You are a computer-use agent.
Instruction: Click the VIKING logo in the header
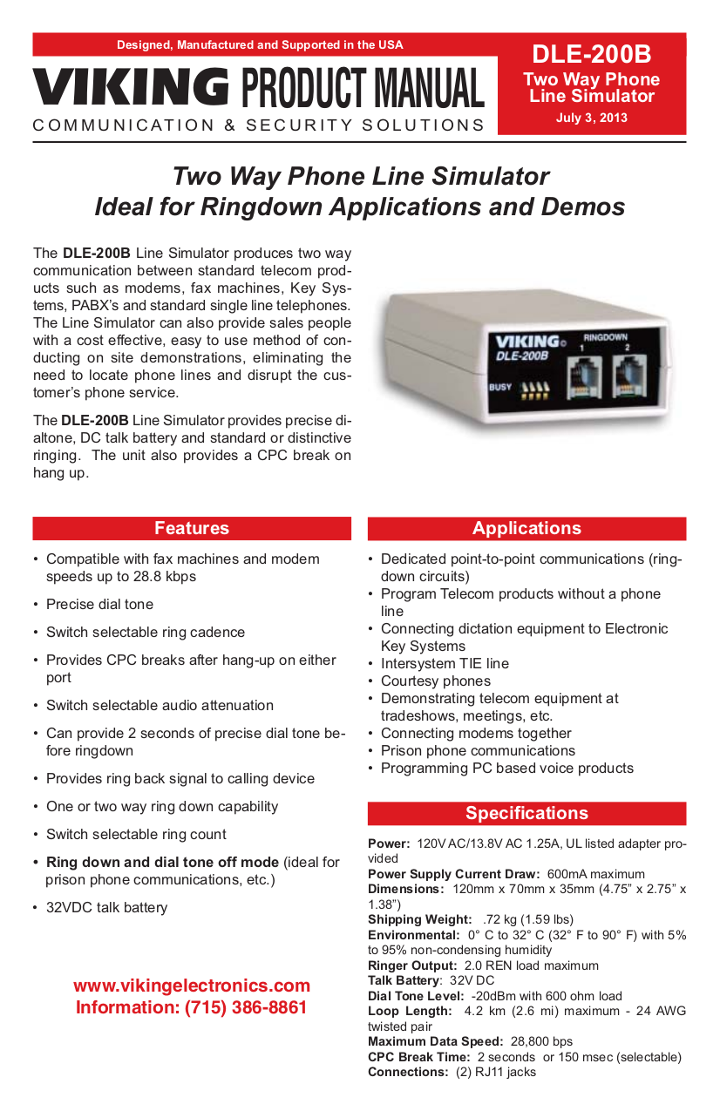(131, 86)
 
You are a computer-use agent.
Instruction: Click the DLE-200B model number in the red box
(591, 54)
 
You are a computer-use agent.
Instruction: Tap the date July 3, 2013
(591, 118)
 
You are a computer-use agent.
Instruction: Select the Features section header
(192, 528)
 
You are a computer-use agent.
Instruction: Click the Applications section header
(526, 528)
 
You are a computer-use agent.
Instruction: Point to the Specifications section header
(526, 813)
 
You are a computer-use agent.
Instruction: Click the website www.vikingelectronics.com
(192, 986)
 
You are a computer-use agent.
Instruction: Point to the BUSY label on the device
(499, 388)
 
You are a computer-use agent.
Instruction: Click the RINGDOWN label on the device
(604, 336)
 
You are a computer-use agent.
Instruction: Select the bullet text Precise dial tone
(99, 604)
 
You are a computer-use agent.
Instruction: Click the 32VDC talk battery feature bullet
(106, 907)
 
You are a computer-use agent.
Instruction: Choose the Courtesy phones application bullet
(436, 681)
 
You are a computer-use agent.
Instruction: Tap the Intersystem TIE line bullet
(445, 663)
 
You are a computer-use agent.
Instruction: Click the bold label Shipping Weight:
(419, 919)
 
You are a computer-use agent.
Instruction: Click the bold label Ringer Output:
(412, 965)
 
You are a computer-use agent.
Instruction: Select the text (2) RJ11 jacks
(496, 1072)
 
